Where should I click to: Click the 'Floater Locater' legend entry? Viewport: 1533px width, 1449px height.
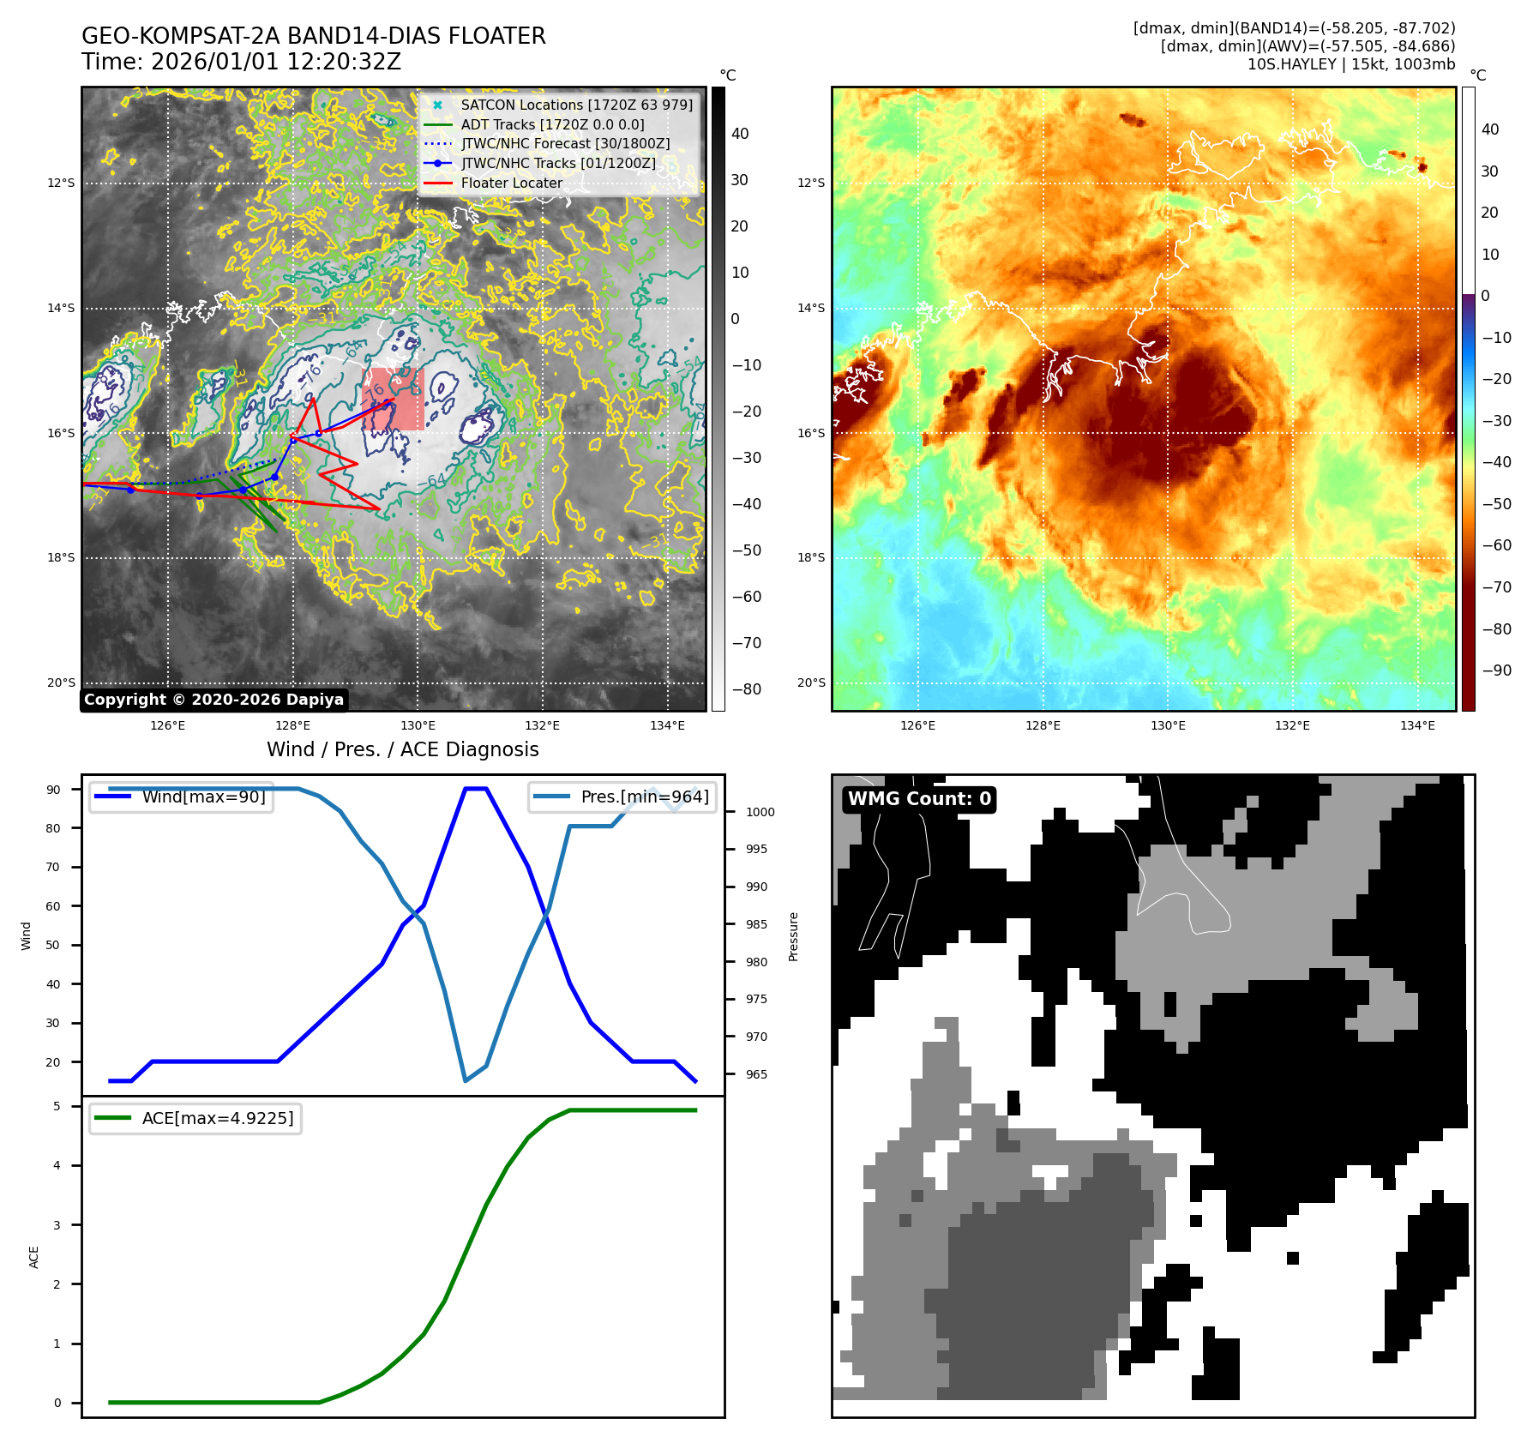point(511,183)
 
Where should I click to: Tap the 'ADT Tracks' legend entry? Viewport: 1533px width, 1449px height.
point(552,124)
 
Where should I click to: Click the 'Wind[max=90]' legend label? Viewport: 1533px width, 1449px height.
point(203,797)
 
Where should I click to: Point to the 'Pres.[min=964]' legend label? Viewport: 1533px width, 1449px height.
point(645,797)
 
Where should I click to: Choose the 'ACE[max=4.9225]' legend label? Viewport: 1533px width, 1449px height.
point(218,1118)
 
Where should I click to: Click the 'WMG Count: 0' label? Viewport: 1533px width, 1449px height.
point(919,799)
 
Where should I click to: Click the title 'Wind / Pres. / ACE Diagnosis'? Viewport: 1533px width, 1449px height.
point(403,749)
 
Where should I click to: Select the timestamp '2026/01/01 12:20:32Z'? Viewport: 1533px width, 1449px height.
point(275,62)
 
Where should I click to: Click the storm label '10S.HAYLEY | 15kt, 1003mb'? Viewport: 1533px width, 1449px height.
point(1351,64)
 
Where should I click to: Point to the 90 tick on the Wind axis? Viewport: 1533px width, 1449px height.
point(54,790)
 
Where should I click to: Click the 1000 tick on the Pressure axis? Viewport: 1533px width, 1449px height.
point(760,812)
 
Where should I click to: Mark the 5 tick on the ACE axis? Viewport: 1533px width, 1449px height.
point(57,1106)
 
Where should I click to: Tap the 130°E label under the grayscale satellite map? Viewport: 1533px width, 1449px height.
point(418,725)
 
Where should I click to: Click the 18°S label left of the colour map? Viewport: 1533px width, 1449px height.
point(811,557)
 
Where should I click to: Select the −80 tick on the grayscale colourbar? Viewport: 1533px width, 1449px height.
point(746,689)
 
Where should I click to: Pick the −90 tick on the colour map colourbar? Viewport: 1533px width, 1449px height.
point(1496,670)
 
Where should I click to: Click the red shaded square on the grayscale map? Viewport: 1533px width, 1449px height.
point(394,400)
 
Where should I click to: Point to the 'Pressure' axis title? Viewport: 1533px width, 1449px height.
point(794,936)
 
